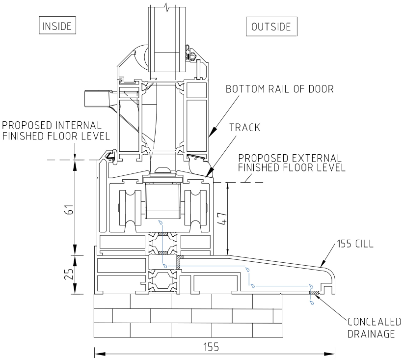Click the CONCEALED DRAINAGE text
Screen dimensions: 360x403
[x=374, y=327]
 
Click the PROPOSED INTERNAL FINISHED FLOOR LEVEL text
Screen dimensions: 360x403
[x=53, y=131]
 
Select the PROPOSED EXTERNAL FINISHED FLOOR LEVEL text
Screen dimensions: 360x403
[x=292, y=163]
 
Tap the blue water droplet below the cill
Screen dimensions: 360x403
[x=311, y=303]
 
